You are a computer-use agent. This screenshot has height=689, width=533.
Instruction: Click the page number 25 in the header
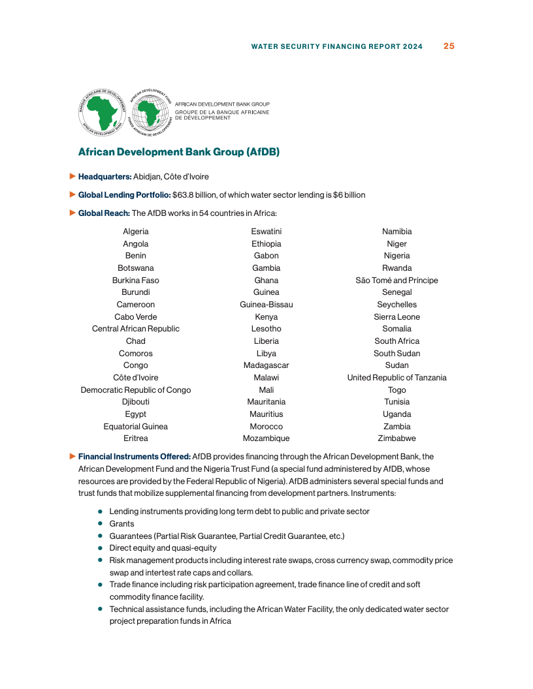449,46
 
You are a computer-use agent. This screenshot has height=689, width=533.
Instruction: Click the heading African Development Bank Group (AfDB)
179,152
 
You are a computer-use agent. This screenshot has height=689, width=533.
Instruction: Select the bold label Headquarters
105,177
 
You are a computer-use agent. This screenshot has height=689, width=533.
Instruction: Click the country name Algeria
136,232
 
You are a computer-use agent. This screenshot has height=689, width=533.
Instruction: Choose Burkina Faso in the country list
136,281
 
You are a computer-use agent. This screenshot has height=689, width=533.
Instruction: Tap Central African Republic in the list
136,329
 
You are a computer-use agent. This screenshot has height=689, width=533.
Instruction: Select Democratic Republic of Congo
136,390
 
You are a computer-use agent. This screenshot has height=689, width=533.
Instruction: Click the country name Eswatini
266,232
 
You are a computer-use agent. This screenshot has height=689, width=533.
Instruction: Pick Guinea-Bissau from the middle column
266,305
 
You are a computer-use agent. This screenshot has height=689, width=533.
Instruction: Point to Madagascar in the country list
266,365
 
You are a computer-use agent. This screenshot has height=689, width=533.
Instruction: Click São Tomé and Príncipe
397,281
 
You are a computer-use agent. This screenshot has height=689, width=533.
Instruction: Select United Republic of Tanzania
397,378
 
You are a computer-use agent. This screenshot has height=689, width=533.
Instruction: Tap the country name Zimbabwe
397,438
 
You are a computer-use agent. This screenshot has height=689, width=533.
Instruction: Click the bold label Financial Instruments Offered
134,457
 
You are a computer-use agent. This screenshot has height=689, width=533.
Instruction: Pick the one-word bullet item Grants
121,524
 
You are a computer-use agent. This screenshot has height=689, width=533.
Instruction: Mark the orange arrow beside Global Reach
73,213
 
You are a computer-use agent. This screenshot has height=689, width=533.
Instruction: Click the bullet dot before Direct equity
101,548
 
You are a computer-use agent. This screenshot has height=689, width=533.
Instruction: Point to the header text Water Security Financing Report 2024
337,46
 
